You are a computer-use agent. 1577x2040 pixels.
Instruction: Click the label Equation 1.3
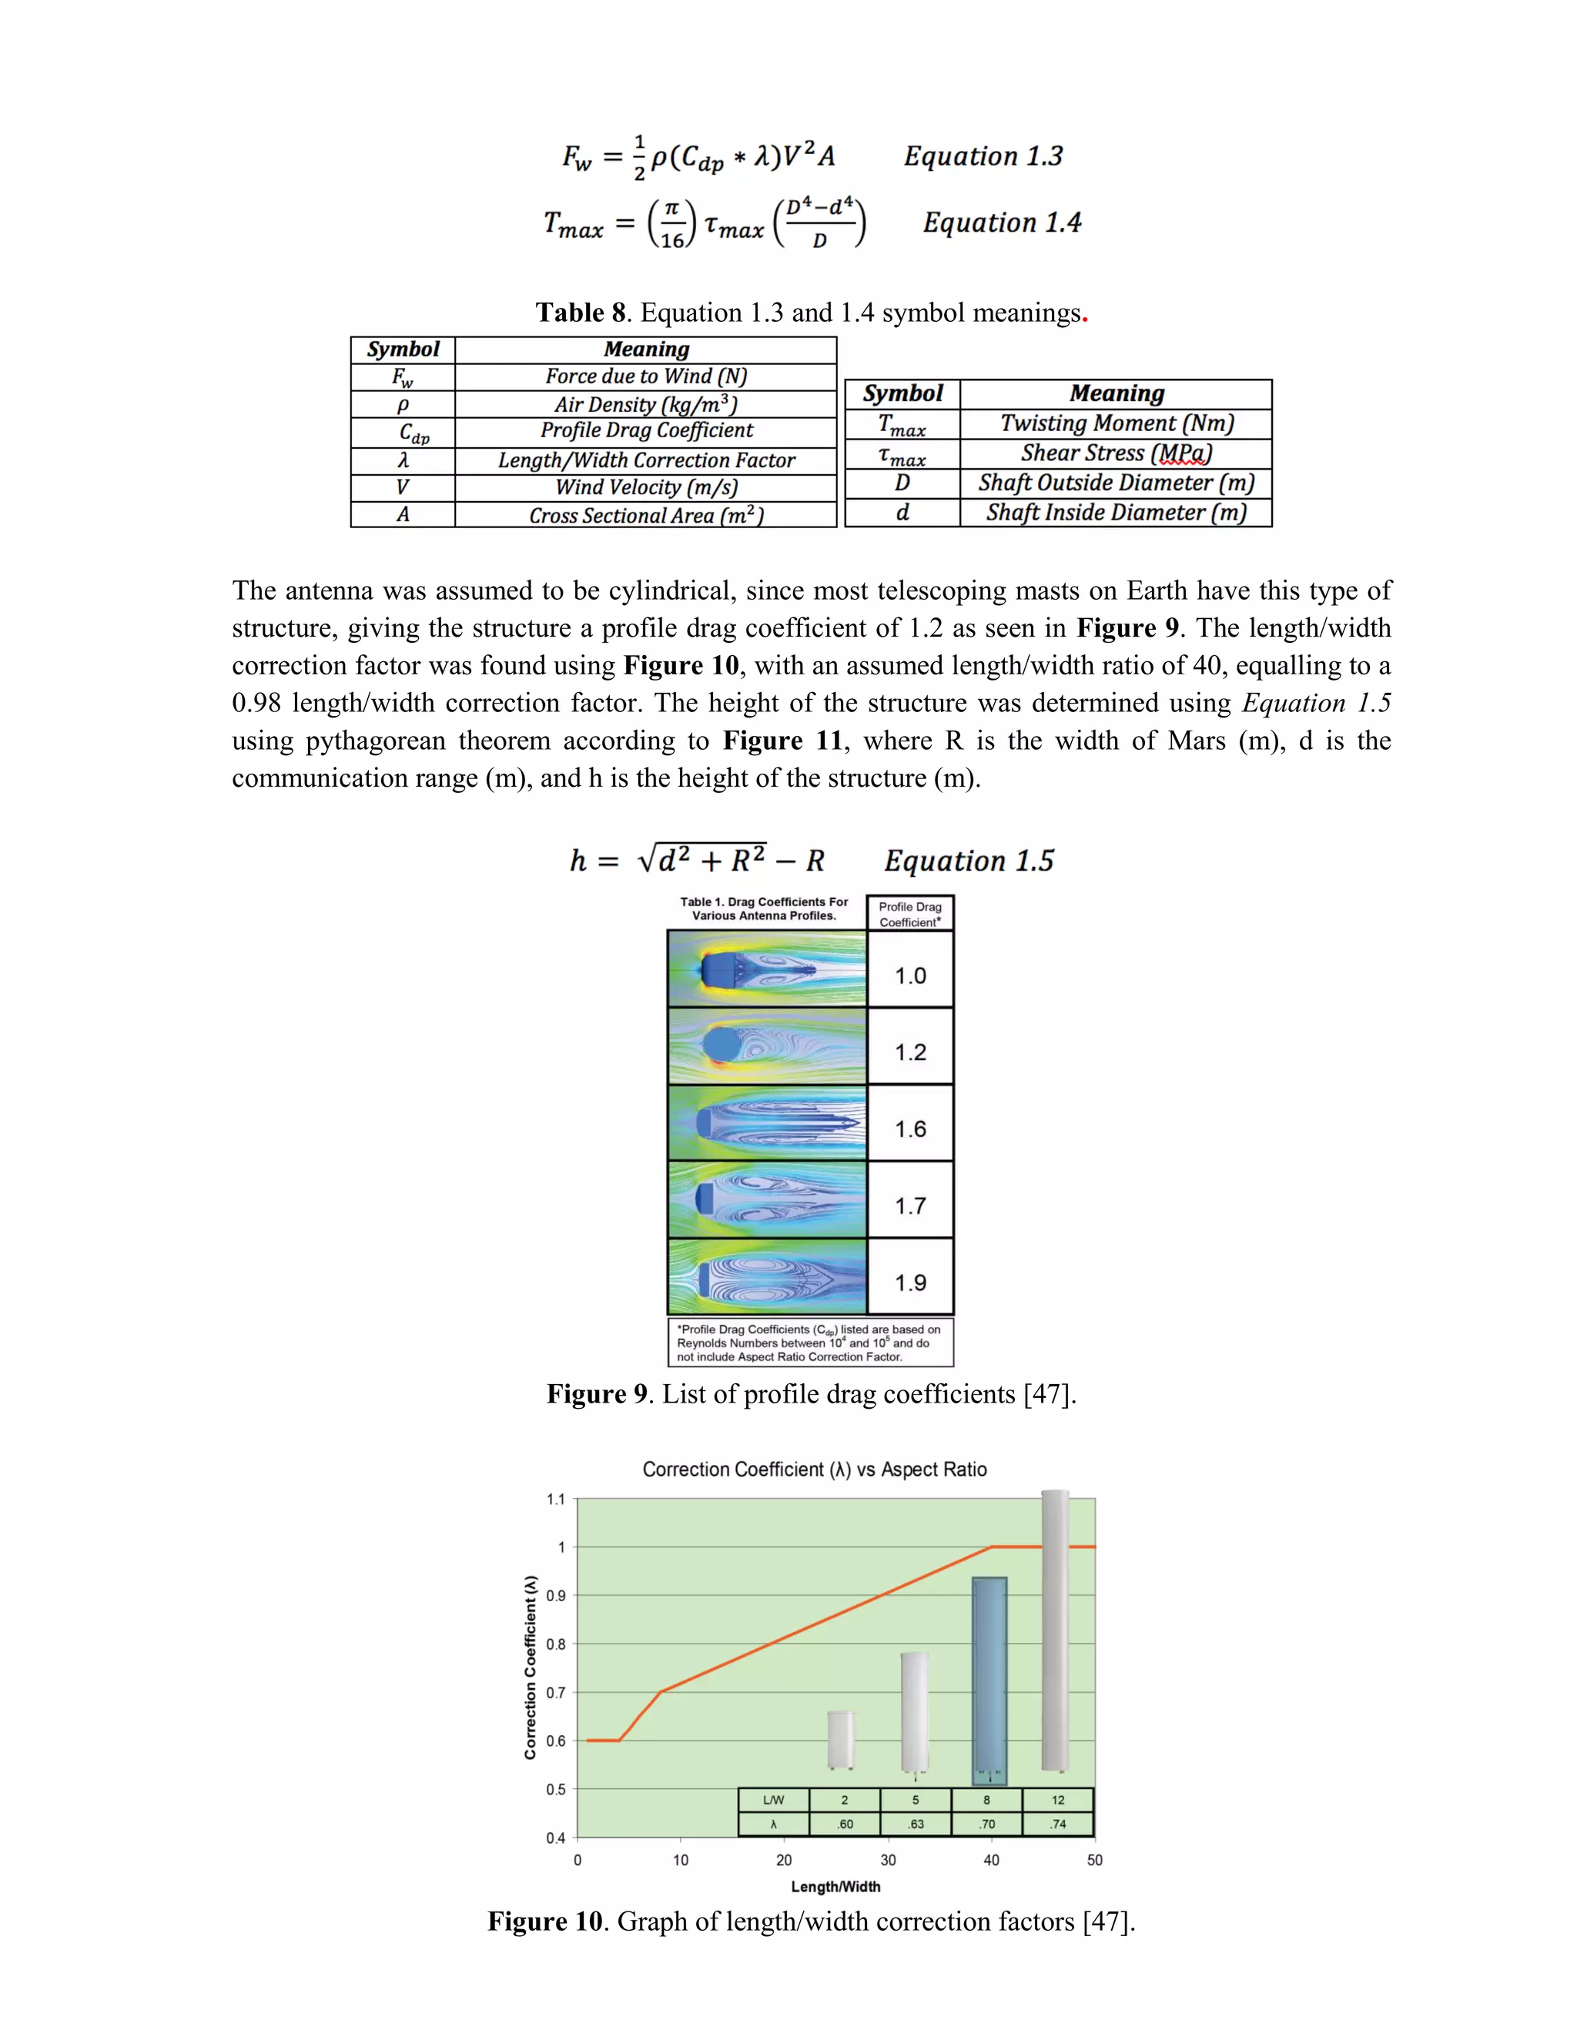983,156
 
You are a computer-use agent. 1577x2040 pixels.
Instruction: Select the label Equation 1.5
969,861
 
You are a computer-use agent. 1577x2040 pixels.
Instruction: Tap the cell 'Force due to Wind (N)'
645,376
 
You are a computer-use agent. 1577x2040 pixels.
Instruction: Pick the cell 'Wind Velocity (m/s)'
645,487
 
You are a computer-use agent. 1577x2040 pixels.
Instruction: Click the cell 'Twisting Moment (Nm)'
1117,423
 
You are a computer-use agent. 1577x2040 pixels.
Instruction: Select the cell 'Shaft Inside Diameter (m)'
1117,513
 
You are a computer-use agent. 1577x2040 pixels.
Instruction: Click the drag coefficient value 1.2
910,1052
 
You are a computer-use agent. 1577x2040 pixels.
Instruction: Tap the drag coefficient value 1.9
910,1283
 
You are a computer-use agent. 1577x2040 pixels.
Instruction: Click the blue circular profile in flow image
720,1045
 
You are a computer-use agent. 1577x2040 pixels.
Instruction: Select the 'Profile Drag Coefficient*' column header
910,915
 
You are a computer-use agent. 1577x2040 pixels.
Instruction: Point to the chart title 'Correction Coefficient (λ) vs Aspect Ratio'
814,1470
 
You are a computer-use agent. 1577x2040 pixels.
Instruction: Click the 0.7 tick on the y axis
556,1693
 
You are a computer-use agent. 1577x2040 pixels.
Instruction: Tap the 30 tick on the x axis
888,1860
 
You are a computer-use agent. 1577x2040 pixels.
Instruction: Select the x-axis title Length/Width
835,1886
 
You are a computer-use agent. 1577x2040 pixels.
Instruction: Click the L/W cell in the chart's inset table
774,1800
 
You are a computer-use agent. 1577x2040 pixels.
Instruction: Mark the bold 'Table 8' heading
579,313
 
